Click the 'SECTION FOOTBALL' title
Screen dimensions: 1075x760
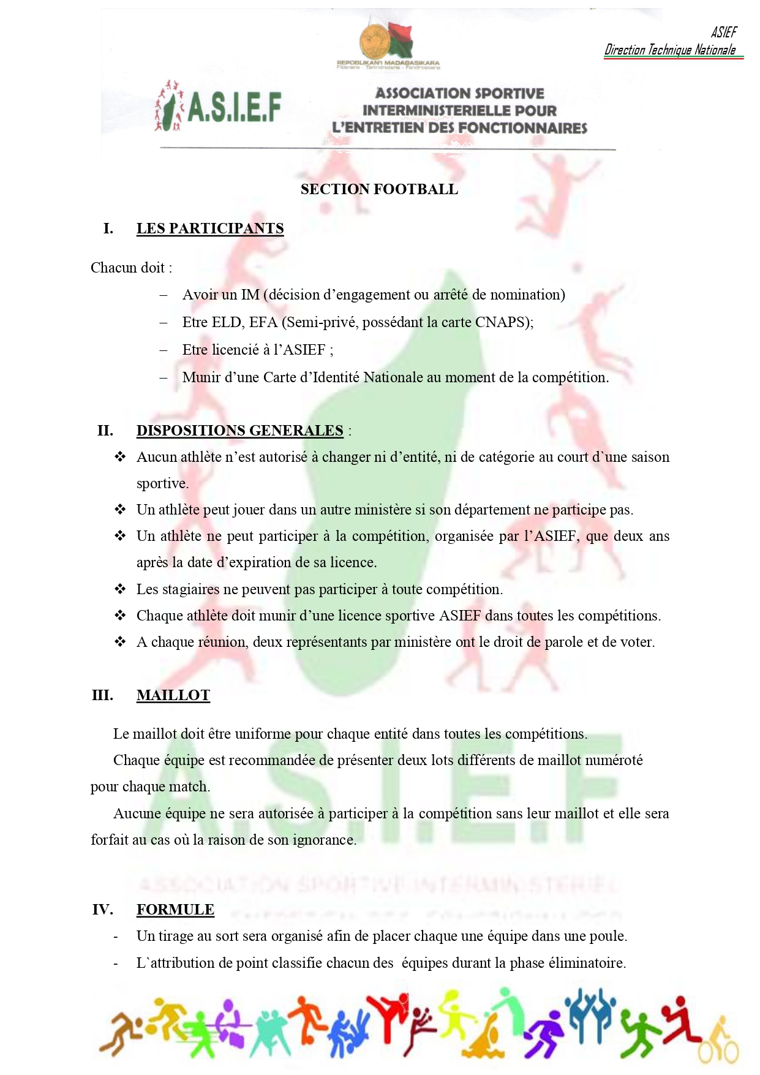tap(379, 189)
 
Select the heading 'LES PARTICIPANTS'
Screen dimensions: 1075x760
tap(210, 228)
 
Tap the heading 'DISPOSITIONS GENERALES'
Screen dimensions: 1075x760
tap(239, 431)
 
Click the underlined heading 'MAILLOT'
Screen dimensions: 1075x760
tap(173, 695)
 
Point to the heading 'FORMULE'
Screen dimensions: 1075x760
tap(175, 910)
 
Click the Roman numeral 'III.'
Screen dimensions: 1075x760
tap(102, 695)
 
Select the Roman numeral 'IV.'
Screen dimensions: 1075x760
tap(102, 910)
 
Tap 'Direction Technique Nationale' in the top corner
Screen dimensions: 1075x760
tap(670, 50)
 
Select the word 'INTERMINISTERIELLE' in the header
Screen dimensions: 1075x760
tap(459, 111)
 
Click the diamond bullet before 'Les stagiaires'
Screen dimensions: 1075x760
tap(120, 589)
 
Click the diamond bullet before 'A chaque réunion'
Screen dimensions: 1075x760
tap(120, 642)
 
